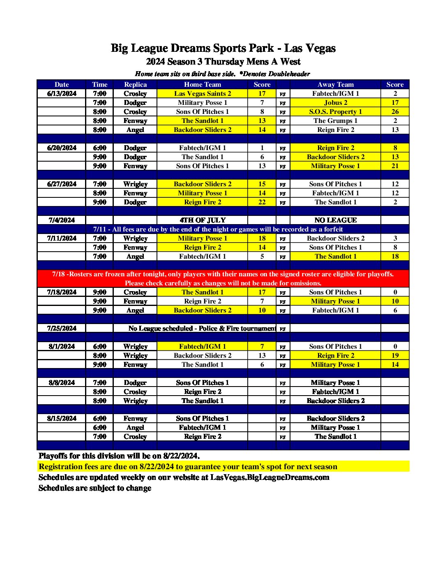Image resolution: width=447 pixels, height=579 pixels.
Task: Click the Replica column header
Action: point(135,84)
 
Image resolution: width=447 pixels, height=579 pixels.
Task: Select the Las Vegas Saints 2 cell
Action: point(203,93)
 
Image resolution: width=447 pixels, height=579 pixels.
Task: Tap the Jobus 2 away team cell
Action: point(335,102)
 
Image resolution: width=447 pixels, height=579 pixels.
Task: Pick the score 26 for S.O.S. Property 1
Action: point(395,111)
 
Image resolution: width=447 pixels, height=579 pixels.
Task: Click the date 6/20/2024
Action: point(62,148)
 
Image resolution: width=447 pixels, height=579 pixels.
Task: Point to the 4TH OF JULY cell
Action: point(203,220)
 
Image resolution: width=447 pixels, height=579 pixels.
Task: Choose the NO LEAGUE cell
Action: point(335,220)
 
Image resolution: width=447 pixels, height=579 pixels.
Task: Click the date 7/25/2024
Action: point(62,328)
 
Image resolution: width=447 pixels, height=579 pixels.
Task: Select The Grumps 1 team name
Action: point(335,120)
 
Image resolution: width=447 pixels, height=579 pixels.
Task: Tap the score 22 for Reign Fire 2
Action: point(262,202)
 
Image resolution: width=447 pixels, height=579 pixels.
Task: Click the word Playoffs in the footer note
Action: point(53,456)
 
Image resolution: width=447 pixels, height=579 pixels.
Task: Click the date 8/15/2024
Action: point(62,418)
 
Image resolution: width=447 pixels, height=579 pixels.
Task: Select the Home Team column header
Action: point(203,84)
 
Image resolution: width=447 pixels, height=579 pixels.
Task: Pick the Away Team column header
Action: point(335,84)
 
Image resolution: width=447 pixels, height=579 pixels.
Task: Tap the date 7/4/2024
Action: point(62,220)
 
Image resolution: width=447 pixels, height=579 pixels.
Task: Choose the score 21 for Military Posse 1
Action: point(395,166)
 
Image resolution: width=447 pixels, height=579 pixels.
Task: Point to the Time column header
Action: point(100,84)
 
